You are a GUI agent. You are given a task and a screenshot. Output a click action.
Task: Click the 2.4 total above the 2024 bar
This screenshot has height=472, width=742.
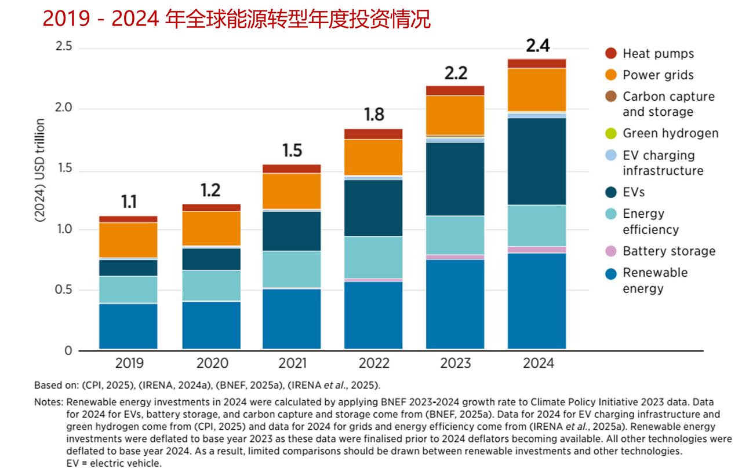[537, 45]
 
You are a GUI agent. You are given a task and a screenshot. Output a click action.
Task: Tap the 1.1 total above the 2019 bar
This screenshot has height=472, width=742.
[129, 202]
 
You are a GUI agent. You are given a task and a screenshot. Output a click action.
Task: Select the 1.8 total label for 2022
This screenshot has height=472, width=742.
[374, 115]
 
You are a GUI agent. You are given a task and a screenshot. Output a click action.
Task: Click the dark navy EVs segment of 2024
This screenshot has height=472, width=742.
[537, 161]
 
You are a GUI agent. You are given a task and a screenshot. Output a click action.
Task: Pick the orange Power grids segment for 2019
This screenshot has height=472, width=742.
[128, 240]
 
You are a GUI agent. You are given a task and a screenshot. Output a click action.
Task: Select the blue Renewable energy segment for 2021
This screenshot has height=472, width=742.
[292, 319]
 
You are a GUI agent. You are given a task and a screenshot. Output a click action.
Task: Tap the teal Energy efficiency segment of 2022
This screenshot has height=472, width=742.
[373, 257]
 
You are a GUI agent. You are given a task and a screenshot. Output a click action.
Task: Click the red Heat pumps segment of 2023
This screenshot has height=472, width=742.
[455, 90]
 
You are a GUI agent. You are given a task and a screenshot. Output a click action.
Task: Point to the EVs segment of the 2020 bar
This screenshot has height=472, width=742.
[211, 259]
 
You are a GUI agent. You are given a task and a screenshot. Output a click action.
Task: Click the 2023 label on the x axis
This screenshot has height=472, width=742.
[455, 364]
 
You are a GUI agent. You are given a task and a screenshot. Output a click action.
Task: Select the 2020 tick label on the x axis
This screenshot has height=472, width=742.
[211, 364]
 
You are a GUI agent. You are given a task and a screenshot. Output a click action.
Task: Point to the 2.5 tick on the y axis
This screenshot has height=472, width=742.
[63, 46]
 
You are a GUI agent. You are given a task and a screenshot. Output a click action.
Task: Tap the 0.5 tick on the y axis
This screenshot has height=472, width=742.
[63, 290]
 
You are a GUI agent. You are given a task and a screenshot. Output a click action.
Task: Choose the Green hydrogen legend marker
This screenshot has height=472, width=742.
[611, 133]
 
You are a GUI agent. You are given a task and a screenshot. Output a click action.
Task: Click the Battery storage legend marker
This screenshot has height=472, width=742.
[611, 251]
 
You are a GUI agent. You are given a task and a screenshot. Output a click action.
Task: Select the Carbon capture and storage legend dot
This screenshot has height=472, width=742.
[611, 97]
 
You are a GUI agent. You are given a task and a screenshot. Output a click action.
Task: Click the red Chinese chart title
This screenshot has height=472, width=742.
[237, 19]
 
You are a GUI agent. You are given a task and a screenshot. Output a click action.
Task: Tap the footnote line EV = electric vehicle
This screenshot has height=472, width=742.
[114, 463]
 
